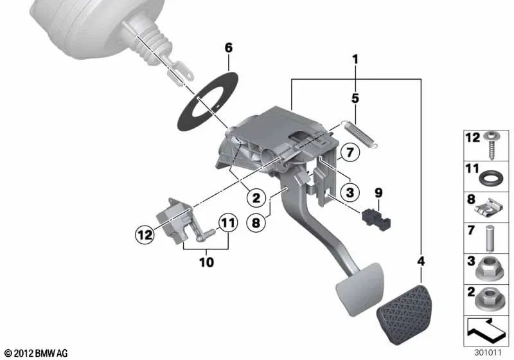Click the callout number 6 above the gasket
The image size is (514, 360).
pyautogui.click(x=229, y=48)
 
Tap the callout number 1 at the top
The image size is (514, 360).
pyautogui.click(x=355, y=59)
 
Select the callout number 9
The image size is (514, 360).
pyautogui.click(x=378, y=192)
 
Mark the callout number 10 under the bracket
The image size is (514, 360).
pyautogui.click(x=206, y=262)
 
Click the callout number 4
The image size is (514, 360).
pyautogui.click(x=421, y=262)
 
